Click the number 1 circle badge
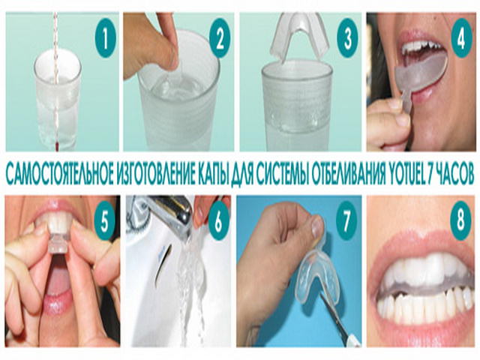click(105, 38)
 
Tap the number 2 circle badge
click(220, 39)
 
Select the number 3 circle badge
click(348, 39)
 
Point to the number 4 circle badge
click(462, 39)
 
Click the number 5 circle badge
click(105, 221)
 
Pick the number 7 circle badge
click(346, 221)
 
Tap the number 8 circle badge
click(460, 220)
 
